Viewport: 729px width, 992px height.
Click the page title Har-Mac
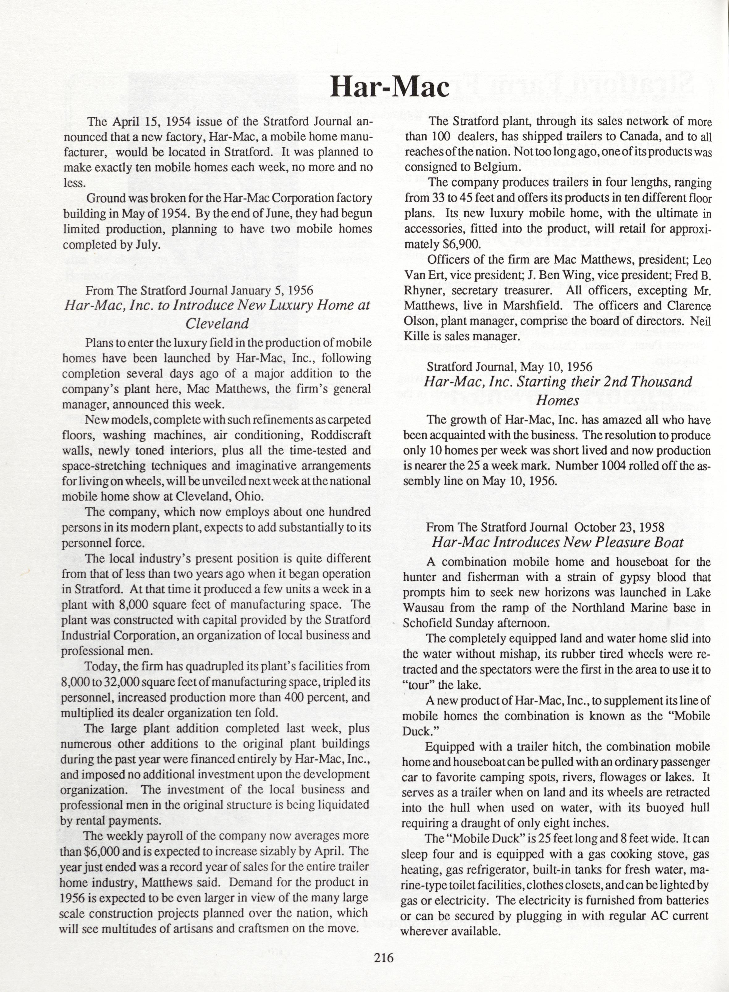[390, 87]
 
